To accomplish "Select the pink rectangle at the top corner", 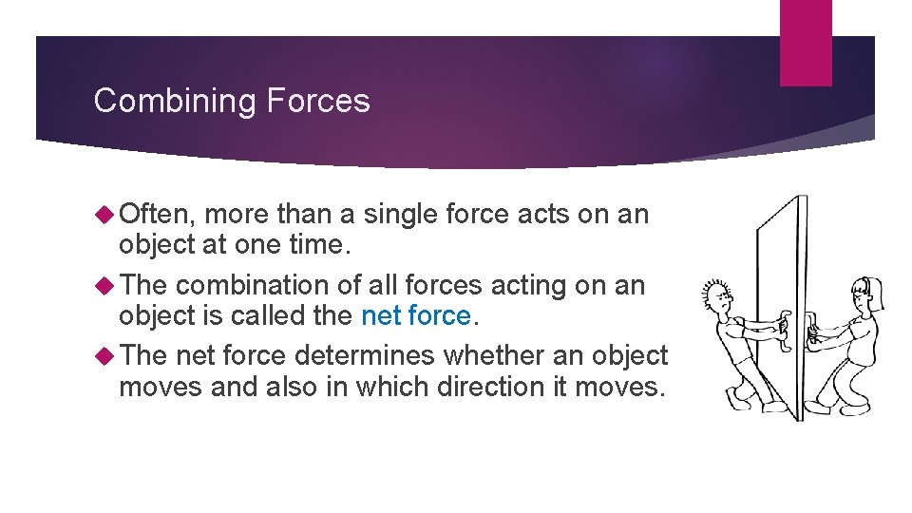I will [x=806, y=43].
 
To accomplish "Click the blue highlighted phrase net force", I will [x=416, y=315].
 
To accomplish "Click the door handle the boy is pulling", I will [x=783, y=325].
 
